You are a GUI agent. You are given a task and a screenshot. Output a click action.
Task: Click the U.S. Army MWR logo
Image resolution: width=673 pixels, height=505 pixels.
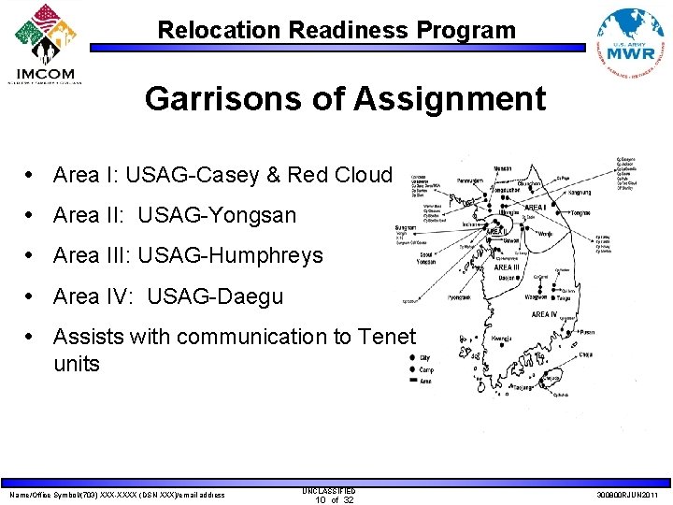(x=632, y=43)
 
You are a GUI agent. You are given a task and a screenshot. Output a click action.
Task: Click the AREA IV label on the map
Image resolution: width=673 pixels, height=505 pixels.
(x=544, y=314)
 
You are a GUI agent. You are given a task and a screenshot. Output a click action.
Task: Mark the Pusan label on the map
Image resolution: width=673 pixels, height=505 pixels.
(x=588, y=330)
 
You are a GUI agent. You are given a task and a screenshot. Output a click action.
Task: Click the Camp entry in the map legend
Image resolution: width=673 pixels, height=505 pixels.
(x=426, y=368)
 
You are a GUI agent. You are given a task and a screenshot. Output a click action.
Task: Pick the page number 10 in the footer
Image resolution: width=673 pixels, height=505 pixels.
(x=320, y=500)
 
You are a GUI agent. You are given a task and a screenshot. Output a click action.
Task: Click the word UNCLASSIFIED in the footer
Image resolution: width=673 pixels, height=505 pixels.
(x=329, y=490)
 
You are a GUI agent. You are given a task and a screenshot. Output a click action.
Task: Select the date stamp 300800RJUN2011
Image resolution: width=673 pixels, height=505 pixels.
(x=626, y=495)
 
